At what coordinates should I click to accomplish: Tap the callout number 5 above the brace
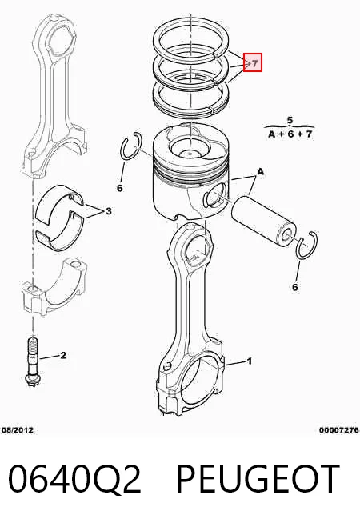point(290,120)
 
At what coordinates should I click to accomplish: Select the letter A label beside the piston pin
point(260,171)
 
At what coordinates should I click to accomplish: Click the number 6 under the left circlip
point(120,188)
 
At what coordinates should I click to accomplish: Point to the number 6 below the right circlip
point(295,287)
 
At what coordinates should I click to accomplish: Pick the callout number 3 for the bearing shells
point(109,211)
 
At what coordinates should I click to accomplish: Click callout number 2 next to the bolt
point(63,355)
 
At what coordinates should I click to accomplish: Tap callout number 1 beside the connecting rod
point(249,361)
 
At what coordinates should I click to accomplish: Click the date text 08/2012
point(18,430)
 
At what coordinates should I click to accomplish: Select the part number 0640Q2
point(74,478)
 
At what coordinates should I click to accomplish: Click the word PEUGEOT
point(258,478)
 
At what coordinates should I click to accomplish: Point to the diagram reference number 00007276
point(339,430)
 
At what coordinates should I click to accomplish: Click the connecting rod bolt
point(32,362)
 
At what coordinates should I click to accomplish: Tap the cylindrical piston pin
point(263,221)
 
